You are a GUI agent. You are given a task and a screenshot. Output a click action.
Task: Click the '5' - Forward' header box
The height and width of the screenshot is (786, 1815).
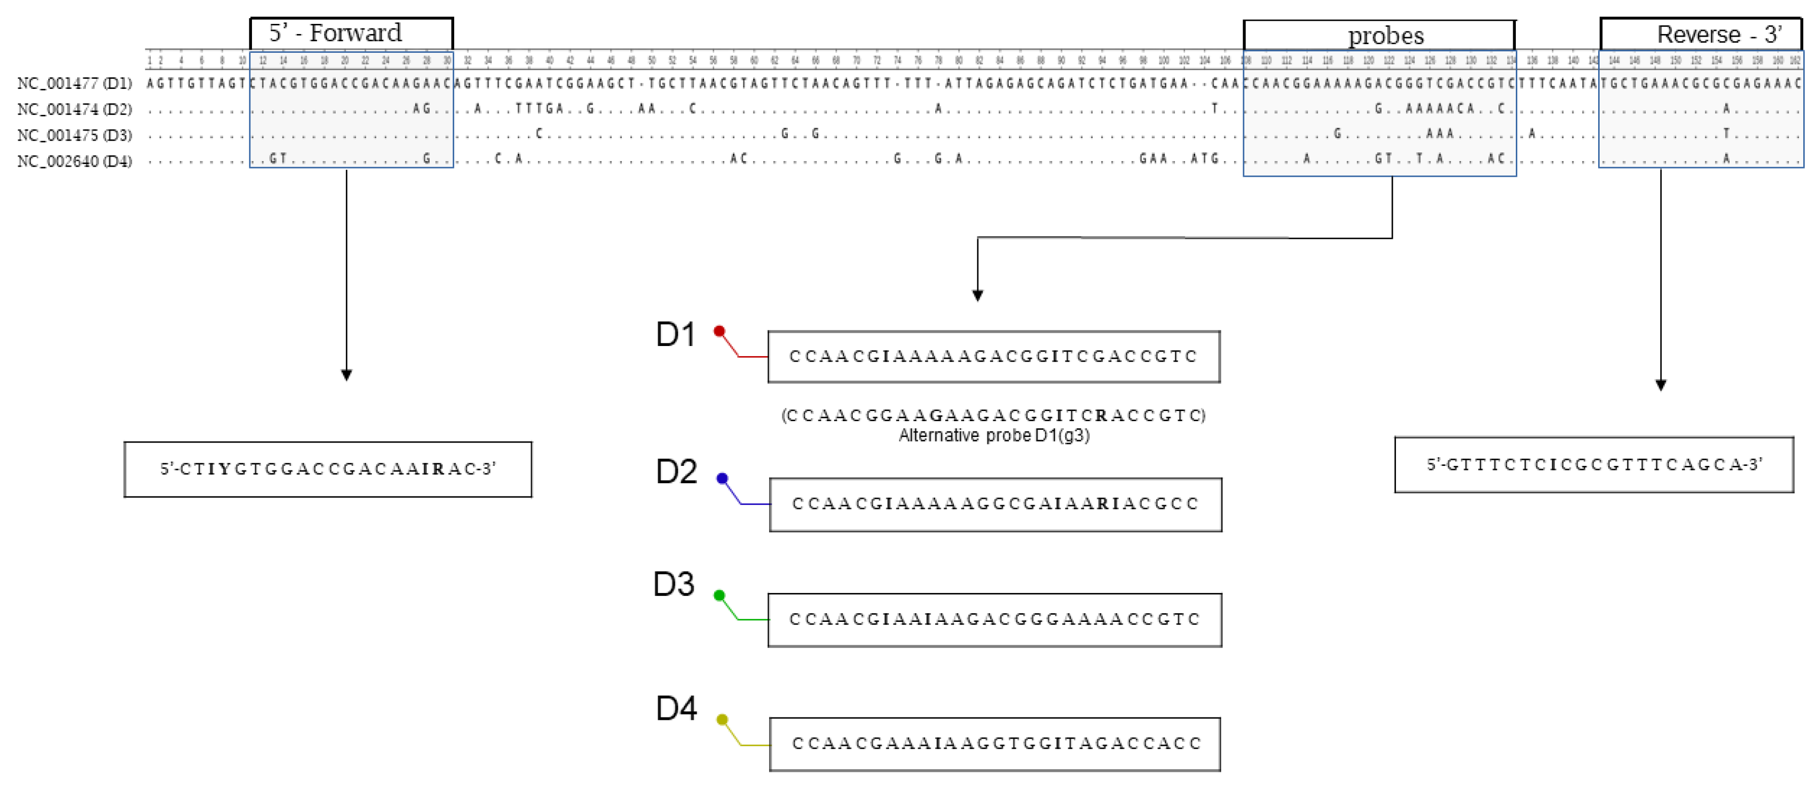click(x=351, y=33)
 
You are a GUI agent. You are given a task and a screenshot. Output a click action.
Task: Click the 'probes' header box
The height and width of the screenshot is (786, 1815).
click(x=1379, y=35)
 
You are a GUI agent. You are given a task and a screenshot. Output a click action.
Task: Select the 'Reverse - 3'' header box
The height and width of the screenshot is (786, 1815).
click(x=1701, y=34)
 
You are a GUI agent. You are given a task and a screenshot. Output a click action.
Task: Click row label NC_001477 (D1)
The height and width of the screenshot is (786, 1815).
click(x=74, y=83)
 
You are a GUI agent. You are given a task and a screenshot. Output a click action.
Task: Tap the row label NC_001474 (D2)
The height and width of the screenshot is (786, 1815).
click(x=74, y=109)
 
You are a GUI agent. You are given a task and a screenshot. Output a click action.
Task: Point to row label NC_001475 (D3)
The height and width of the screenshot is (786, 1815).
click(x=74, y=135)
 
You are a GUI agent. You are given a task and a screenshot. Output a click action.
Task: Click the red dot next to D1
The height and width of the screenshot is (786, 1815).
click(x=719, y=331)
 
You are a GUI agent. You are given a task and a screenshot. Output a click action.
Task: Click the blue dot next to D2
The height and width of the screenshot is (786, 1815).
click(x=721, y=479)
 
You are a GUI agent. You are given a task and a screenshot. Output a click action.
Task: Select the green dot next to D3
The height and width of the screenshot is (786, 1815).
click(x=719, y=595)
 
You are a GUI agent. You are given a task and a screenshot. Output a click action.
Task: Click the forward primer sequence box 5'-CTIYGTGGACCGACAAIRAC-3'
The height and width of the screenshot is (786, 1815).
click(x=328, y=469)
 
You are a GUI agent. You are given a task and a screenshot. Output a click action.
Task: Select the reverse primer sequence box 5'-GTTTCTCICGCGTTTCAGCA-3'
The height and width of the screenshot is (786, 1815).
click(x=1594, y=464)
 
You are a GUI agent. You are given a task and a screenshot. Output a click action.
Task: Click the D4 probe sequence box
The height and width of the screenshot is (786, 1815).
click(x=995, y=744)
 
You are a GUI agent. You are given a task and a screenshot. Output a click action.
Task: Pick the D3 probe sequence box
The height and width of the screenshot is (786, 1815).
click(x=994, y=620)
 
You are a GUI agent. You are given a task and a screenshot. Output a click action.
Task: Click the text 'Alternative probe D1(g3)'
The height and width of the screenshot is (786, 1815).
click(x=994, y=435)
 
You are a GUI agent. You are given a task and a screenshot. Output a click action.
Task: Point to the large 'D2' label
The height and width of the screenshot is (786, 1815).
click(x=676, y=471)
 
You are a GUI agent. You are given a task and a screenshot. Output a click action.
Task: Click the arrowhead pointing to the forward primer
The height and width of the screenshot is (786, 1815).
click(x=346, y=375)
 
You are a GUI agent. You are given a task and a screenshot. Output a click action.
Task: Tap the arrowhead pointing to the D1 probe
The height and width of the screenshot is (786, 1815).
click(x=977, y=295)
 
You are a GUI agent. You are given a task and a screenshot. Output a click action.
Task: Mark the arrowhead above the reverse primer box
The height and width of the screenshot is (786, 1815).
click(x=1661, y=385)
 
